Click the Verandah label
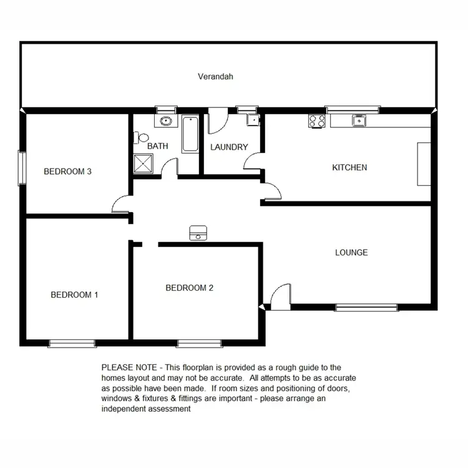pos(215,77)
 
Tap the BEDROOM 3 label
pos(68,171)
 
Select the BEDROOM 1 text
pos(74,295)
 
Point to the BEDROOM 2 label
pos(189,288)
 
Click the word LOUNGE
pos(351,253)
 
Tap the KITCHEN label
pos(349,167)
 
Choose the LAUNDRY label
pos(229,147)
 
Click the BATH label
pos(157,147)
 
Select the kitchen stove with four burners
pos(316,121)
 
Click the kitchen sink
pos(358,120)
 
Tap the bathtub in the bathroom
pos(190,134)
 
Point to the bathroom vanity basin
pos(166,122)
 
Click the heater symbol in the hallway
pos(198,233)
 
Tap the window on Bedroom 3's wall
pos(22,168)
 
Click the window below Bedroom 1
pos(72,343)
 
